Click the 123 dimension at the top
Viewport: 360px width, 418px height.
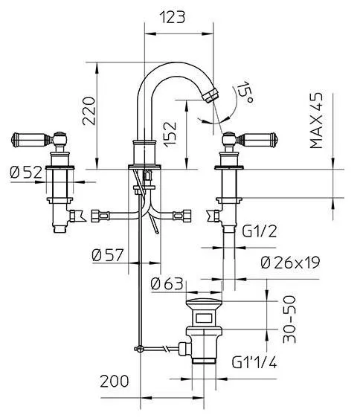click(172, 17)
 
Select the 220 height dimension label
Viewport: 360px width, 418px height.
click(89, 111)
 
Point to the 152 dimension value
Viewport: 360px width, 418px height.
click(170, 135)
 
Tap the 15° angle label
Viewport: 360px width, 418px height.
click(245, 92)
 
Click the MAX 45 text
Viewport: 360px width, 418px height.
click(316, 120)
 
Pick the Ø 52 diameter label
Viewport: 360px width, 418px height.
click(26, 172)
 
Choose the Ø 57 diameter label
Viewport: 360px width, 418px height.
click(108, 255)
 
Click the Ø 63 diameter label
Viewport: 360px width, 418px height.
click(167, 283)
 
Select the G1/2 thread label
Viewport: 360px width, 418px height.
click(259, 231)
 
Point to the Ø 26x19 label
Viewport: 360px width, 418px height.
click(290, 263)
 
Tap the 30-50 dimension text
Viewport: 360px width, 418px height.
click(289, 319)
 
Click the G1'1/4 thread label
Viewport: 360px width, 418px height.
click(254, 362)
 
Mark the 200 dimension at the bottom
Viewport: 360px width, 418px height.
click(115, 382)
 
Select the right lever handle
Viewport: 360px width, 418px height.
click(257, 139)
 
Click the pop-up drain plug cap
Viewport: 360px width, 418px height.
click(204, 303)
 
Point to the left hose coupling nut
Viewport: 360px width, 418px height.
click(100, 216)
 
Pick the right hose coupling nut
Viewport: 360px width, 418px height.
click(182, 216)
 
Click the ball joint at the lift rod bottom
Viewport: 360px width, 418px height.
click(140, 349)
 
